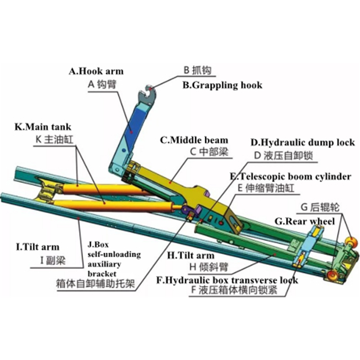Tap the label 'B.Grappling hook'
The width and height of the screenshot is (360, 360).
coord(222,85)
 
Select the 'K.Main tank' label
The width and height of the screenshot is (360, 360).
coord(43,127)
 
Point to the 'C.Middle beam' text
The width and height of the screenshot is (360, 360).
coord(194,140)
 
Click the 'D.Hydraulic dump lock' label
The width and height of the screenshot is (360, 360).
coord(302,143)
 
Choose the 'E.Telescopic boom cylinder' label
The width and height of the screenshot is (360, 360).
coord(290,176)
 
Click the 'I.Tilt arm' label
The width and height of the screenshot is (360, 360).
coord(38,247)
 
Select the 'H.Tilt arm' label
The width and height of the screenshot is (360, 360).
coord(191,255)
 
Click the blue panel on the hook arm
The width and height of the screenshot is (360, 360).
coord(133,126)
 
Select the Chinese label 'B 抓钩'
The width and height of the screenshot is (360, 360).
coord(197,70)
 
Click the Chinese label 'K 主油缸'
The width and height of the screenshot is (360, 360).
coord(54,139)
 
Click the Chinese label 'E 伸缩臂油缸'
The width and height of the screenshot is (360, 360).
coord(261,188)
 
